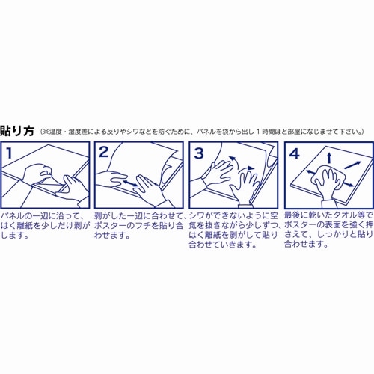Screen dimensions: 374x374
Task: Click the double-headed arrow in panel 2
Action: click(132, 182)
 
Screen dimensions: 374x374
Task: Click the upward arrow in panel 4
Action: click(328, 157)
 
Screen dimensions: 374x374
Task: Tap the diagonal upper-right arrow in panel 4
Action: click(355, 163)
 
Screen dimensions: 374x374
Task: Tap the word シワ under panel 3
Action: click(200, 216)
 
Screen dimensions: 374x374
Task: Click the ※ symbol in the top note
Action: click(45, 131)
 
